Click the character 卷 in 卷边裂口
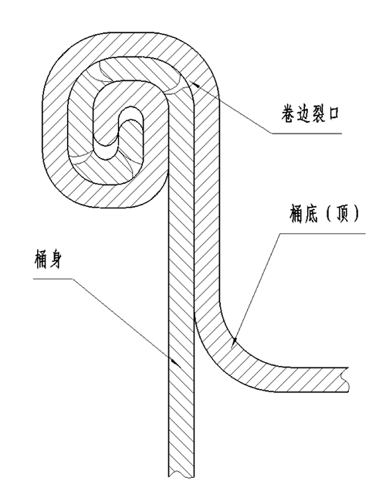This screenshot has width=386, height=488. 288,114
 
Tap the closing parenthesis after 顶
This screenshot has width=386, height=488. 356,214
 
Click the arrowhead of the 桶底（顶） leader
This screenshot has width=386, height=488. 235,341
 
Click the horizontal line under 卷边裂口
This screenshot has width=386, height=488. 306,134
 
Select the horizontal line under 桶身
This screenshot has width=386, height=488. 52,279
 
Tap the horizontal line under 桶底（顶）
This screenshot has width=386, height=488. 322,233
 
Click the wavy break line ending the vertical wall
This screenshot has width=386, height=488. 181,476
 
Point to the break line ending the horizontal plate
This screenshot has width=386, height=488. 344,379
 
